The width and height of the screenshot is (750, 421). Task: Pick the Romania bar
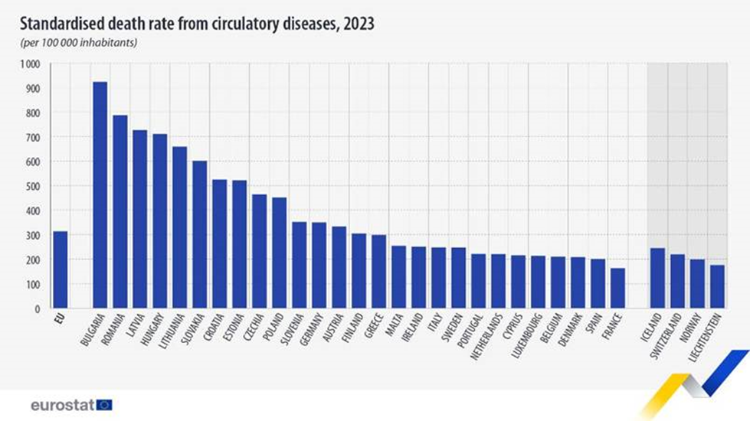120,211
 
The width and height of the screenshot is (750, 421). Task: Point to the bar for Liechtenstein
717,286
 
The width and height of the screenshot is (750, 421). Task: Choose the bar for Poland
279,253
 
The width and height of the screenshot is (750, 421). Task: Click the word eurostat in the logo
62,404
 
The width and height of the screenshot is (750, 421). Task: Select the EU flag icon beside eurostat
104,404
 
